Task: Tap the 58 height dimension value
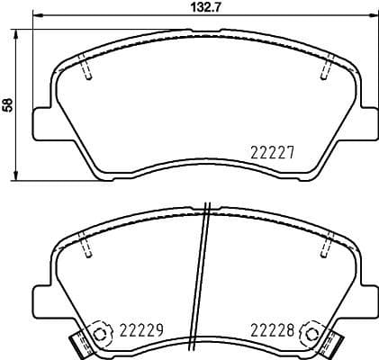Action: pyautogui.click(x=9, y=103)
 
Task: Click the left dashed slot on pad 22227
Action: pyautogui.click(x=86, y=68)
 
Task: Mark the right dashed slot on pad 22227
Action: pyautogui.click(x=328, y=68)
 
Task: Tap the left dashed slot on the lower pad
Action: pyautogui.click(x=86, y=245)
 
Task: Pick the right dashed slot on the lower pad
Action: pyautogui.click(x=328, y=245)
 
